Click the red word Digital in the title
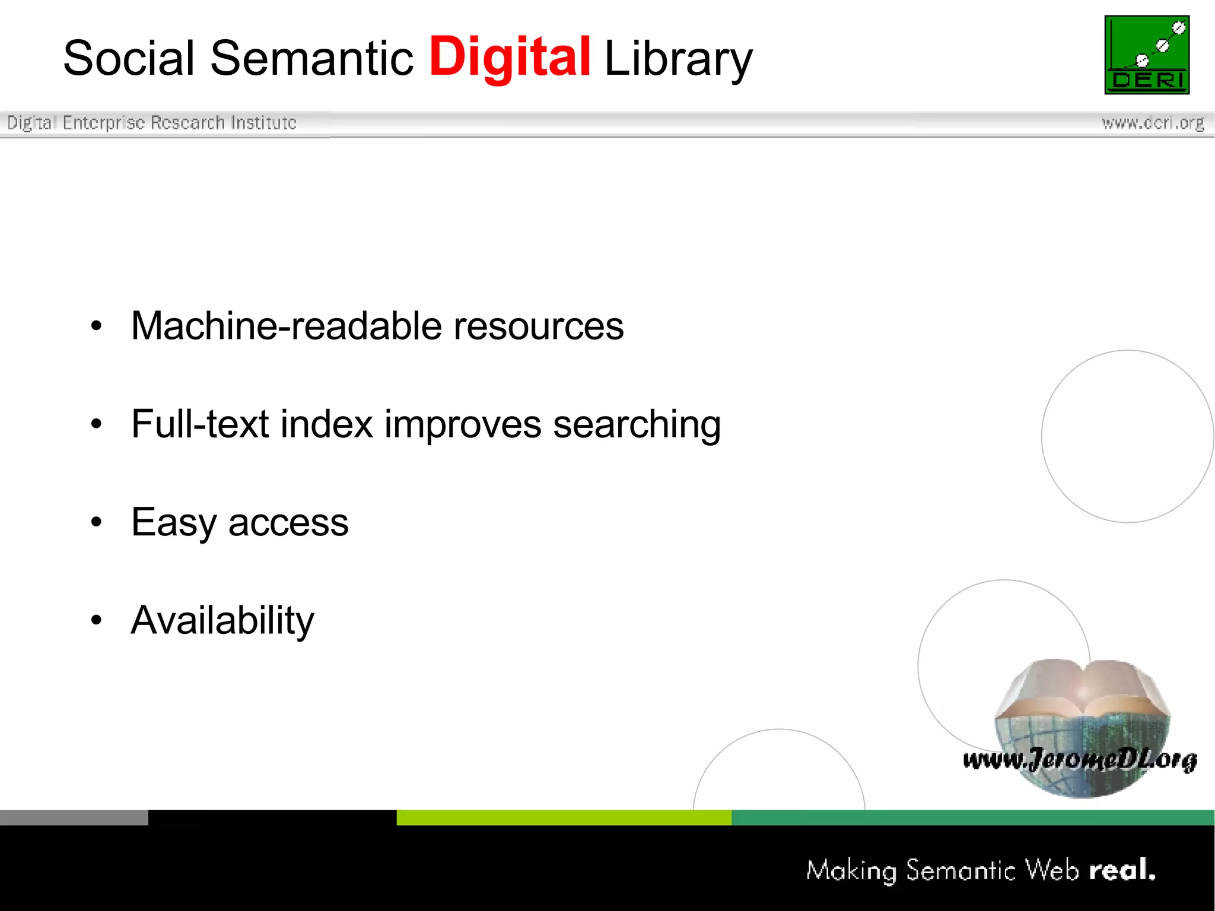(x=510, y=58)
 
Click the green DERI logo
(x=1147, y=55)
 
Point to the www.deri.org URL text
(x=1153, y=123)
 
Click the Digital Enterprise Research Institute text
(x=151, y=123)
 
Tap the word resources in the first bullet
(x=538, y=326)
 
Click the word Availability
(x=222, y=621)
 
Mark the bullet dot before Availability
(x=97, y=620)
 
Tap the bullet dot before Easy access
(x=97, y=522)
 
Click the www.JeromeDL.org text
(x=1080, y=760)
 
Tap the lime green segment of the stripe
(x=564, y=817)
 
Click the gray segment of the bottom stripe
(x=74, y=817)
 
